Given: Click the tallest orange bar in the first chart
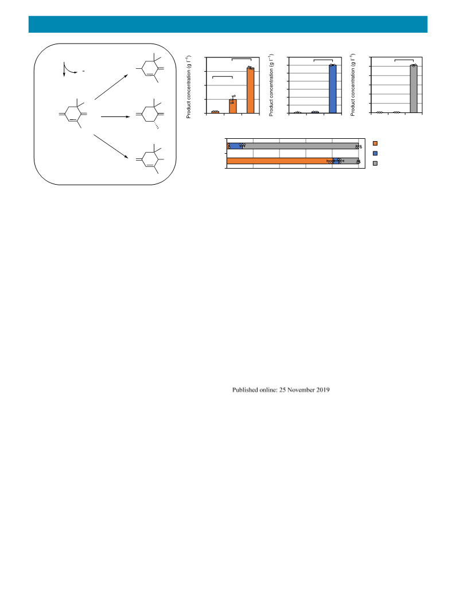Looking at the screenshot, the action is (x=250, y=91).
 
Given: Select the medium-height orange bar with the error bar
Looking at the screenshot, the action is (x=233, y=106).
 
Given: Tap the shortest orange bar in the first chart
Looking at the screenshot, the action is (x=215, y=112).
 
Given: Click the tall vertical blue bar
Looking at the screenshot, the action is (x=332, y=89).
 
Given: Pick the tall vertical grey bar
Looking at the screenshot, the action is (x=413, y=89).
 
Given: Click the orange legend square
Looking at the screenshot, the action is (x=375, y=143).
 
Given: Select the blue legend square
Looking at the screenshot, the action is (x=375, y=153).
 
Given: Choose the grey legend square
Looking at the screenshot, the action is (x=375, y=163).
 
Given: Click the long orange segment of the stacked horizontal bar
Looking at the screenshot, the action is (x=279, y=161).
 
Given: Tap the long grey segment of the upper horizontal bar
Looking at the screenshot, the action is (x=301, y=146).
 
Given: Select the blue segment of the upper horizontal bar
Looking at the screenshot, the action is (x=235, y=146).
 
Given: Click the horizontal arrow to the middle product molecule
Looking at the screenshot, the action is (x=115, y=116).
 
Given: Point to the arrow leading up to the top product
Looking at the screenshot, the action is (x=111, y=87).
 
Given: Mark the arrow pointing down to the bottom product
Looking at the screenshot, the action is (x=111, y=146).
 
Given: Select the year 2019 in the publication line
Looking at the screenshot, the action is (x=323, y=390).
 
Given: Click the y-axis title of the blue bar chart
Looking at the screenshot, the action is (x=271, y=85).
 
